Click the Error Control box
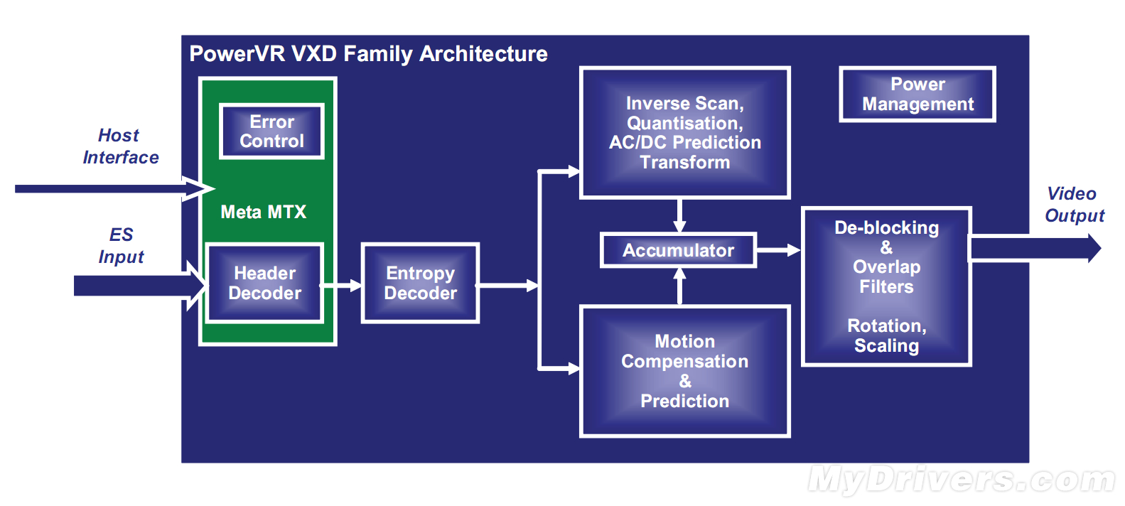[271, 131]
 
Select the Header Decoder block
[264, 283]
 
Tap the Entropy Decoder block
[421, 283]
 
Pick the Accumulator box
[679, 250]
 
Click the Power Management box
[917, 95]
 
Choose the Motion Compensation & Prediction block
[685, 372]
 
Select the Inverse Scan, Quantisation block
[685, 133]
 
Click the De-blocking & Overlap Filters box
[886, 286]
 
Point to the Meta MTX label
[264, 212]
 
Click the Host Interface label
[121, 146]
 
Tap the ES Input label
[121, 245]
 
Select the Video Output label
[1075, 204]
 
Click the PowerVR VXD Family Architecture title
[368, 54]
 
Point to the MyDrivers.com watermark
[962, 480]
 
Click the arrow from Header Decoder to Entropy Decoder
[341, 286]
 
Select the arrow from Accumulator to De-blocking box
[778, 250]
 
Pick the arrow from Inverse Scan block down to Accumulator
[679, 216]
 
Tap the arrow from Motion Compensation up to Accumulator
[679, 286]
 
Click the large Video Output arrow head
[1094, 248]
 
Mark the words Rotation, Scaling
[886, 335]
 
